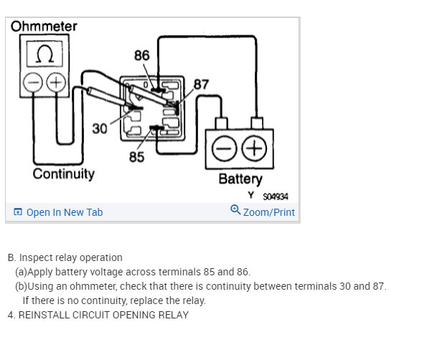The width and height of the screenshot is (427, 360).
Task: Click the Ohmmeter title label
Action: (x=44, y=27)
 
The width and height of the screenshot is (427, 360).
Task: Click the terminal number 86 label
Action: (x=142, y=55)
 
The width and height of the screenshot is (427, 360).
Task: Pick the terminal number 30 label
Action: (x=100, y=128)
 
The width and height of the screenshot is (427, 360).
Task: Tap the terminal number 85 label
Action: (x=136, y=156)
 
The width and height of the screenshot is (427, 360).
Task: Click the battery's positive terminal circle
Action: (x=254, y=149)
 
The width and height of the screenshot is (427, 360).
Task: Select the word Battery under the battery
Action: (x=240, y=179)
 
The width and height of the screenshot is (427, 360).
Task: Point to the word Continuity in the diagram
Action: (x=63, y=174)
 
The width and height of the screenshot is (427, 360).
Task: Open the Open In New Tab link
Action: (x=65, y=212)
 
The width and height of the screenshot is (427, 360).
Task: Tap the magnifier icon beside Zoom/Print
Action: (x=235, y=210)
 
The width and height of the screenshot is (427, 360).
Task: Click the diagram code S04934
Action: (x=274, y=196)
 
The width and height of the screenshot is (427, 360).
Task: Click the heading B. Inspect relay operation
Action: (x=65, y=257)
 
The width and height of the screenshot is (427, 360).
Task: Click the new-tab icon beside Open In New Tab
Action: (x=18, y=212)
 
